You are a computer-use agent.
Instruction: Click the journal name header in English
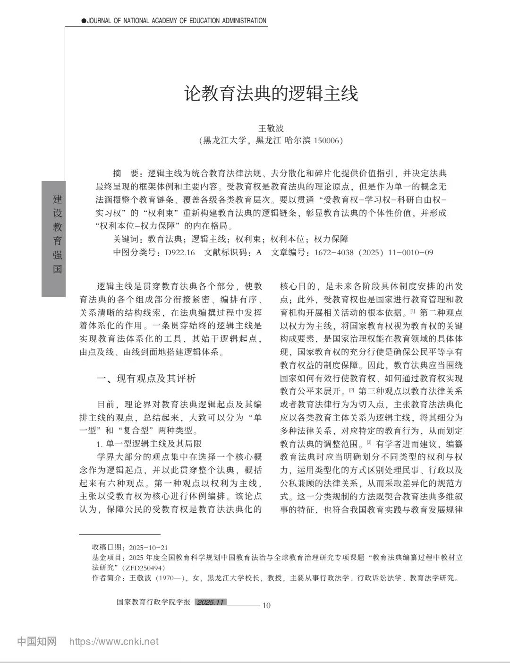(174, 21)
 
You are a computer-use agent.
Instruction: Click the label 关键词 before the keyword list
(128, 239)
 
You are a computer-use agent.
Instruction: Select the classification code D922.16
(180, 252)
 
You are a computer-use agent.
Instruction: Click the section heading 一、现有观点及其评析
(146, 378)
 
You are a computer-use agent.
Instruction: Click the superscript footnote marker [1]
(412, 311)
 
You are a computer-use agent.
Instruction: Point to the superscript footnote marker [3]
(369, 442)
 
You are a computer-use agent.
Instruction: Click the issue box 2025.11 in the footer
(210, 602)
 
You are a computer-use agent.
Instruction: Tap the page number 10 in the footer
(266, 605)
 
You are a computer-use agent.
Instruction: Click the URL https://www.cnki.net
(114, 641)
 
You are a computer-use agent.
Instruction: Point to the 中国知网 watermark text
(37, 641)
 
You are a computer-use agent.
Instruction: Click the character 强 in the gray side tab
(57, 255)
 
